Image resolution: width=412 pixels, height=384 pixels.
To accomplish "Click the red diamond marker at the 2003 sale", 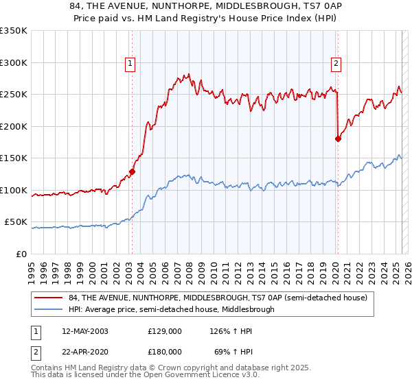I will point(132,172).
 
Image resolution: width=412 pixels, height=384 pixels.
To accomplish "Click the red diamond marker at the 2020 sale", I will point(338,139).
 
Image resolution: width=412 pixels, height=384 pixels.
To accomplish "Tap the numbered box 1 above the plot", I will point(130,64).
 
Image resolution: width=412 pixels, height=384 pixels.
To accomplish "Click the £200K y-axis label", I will point(14,127).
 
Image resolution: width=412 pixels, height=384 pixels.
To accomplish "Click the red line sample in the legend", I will point(49,298).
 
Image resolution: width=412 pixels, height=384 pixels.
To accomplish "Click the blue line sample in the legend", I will point(49,309).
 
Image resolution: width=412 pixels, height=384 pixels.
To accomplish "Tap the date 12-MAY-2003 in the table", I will point(85,331).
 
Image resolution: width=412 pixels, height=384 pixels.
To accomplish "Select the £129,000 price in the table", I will point(164,331).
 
